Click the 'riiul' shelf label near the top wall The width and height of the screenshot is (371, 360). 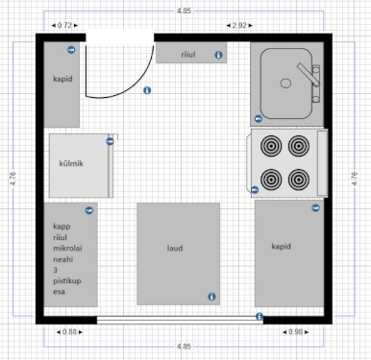[188, 55]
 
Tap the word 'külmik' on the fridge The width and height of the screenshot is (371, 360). [71, 163]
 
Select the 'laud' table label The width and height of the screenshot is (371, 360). [175, 248]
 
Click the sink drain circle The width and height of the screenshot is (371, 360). [285, 84]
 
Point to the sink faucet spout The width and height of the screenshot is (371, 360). [309, 75]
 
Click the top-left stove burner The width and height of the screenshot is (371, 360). [271, 146]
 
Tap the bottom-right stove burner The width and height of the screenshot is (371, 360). [299, 180]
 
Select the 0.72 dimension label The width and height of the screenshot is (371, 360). [64, 25]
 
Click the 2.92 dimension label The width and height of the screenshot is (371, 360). [239, 25]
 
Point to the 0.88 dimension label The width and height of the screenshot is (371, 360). [69, 332]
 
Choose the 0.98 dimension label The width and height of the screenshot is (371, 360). [295, 332]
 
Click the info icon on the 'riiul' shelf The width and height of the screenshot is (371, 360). [218, 55]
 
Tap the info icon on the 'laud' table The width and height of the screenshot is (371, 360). [211, 297]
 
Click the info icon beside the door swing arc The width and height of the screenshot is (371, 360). [147, 90]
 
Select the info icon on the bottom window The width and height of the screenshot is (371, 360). [260, 317]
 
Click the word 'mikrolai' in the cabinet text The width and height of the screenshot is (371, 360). [67, 248]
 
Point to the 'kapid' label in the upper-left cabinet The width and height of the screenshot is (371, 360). [62, 79]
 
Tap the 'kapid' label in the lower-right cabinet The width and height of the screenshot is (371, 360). [281, 247]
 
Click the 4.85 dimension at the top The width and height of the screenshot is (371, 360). [184, 11]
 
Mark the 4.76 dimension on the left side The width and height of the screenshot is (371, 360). [12, 179]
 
